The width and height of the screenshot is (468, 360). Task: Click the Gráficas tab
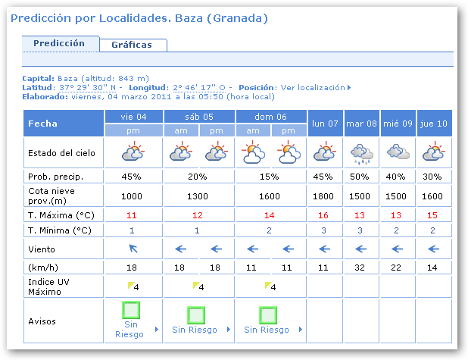pos(132,45)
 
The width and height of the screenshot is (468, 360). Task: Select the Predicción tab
pos(59,43)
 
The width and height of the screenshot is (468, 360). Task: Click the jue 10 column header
pos(434,123)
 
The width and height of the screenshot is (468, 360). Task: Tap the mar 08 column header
pos(361,123)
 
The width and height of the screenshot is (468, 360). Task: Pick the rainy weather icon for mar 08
pos(361,153)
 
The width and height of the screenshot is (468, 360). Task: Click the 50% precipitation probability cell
pos(361,177)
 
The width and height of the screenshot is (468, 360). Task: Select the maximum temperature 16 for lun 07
pos(325,214)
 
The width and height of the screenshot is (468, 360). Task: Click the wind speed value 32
pos(361,267)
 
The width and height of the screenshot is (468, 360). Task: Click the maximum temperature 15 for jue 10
pos(434,214)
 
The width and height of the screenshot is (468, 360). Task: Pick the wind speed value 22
pos(398,267)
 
